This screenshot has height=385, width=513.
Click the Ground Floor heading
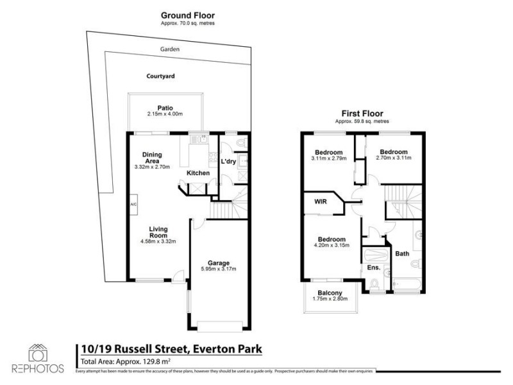click(x=187, y=15)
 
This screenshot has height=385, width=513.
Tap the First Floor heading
click(x=362, y=114)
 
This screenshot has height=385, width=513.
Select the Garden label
click(x=170, y=49)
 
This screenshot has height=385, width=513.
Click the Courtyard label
click(x=160, y=76)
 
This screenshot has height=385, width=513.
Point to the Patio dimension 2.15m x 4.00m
click(x=165, y=114)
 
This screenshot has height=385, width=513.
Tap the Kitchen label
click(x=198, y=173)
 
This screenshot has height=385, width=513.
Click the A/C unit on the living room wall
click(x=133, y=205)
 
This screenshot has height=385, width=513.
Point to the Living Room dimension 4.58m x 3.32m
click(x=158, y=241)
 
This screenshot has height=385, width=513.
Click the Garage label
click(x=219, y=263)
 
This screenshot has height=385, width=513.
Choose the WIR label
click(x=321, y=201)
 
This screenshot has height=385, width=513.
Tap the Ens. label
click(x=373, y=268)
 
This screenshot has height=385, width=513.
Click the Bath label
click(x=402, y=254)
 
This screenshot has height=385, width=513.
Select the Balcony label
click(x=328, y=293)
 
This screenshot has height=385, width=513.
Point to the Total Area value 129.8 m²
click(x=146, y=362)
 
